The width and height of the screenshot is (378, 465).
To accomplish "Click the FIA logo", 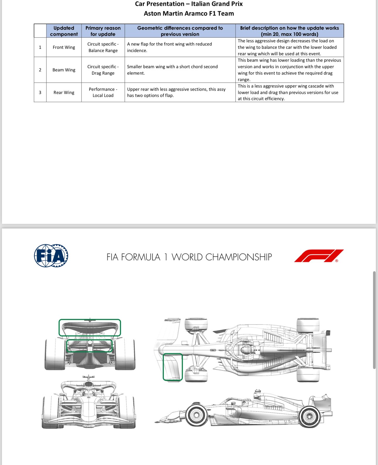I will pyautogui.click(x=51, y=256).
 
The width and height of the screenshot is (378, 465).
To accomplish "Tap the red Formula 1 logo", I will pyautogui.click(x=319, y=256).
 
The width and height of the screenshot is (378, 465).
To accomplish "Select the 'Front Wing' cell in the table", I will pyautogui.click(x=64, y=47).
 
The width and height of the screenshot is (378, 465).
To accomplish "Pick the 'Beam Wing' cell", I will pyautogui.click(x=64, y=70).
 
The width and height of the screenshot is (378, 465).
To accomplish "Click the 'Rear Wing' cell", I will pyautogui.click(x=64, y=92).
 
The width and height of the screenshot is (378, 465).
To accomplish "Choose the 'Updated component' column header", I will pyautogui.click(x=64, y=31).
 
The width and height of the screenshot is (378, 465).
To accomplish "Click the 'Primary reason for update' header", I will pyautogui.click(x=103, y=31).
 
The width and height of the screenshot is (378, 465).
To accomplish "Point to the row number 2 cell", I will pyautogui.click(x=40, y=70).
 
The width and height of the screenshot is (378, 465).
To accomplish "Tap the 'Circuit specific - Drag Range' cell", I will pyautogui.click(x=103, y=70).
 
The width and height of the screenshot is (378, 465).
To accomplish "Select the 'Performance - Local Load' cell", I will pyautogui.click(x=103, y=92).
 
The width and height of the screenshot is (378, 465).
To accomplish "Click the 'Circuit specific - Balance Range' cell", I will pyautogui.click(x=103, y=47).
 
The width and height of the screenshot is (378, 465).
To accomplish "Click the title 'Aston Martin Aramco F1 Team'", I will pyautogui.click(x=189, y=14).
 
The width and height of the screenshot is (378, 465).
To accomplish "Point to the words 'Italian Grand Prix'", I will pyautogui.click(x=217, y=4).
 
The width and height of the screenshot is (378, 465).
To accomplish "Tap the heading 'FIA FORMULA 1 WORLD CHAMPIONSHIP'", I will pyautogui.click(x=189, y=257).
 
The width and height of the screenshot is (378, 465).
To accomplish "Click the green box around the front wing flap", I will pyautogui.click(x=173, y=367).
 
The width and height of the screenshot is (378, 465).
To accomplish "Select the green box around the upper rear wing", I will pyautogui.click(x=90, y=327).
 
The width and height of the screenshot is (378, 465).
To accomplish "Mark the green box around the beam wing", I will pyautogui.click(x=89, y=346).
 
